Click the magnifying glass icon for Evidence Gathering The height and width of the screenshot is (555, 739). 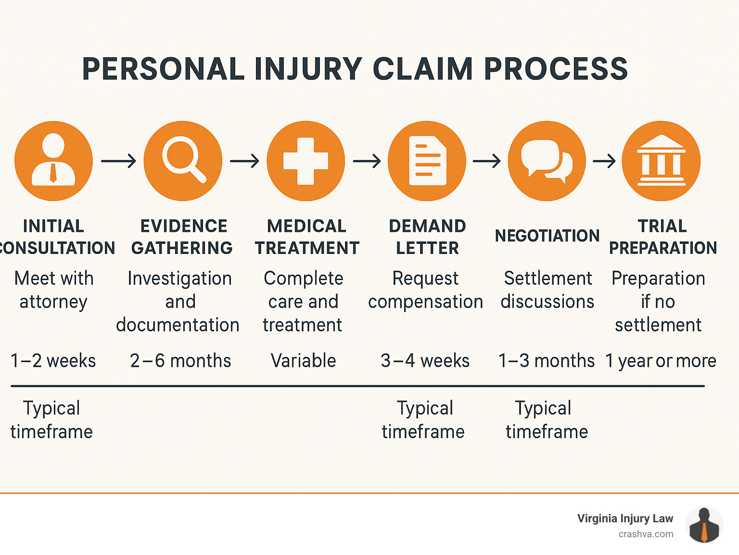pyautogui.click(x=183, y=160)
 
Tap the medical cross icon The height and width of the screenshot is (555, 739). pyautogui.click(x=306, y=161)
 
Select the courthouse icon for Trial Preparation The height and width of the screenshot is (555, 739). pyautogui.click(x=661, y=161)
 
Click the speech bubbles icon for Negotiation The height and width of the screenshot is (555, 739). pyautogui.click(x=547, y=161)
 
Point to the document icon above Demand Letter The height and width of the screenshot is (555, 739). pyautogui.click(x=427, y=161)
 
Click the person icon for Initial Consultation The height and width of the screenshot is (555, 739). pyautogui.click(x=53, y=160)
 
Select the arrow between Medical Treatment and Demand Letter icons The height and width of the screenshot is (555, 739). pyautogui.click(x=367, y=161)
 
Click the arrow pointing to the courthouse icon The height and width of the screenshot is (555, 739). pyautogui.click(x=604, y=161)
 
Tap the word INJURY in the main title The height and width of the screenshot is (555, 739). pyautogui.click(x=308, y=69)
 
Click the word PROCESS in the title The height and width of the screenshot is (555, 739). pyautogui.click(x=556, y=69)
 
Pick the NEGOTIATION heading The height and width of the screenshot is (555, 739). pyautogui.click(x=547, y=236)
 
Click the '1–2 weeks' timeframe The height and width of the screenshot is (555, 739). pyautogui.click(x=53, y=361)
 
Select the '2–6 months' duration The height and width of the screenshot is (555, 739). pyautogui.click(x=180, y=361)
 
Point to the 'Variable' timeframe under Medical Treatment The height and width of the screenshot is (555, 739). pyautogui.click(x=303, y=361)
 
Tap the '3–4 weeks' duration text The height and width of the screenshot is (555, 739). pyautogui.click(x=425, y=361)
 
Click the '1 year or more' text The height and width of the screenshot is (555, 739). pyautogui.click(x=661, y=361)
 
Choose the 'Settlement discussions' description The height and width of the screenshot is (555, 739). pyautogui.click(x=547, y=290)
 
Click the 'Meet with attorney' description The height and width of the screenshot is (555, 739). pyautogui.click(x=53, y=290)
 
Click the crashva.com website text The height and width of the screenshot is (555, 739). pyautogui.click(x=646, y=534)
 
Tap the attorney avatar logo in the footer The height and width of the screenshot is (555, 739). pyautogui.click(x=704, y=525)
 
